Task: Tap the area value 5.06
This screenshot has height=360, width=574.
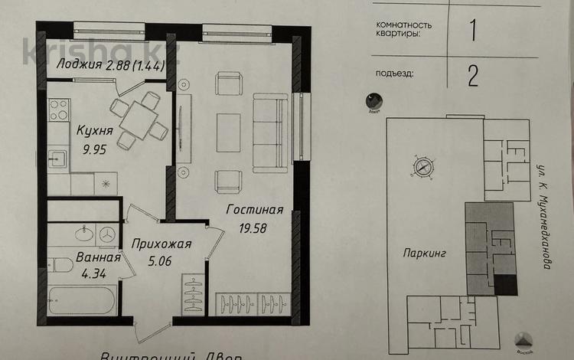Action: tap(161, 261)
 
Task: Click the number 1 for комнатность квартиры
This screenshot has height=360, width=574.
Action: tap(472, 31)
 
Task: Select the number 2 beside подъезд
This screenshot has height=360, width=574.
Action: tap(472, 75)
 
